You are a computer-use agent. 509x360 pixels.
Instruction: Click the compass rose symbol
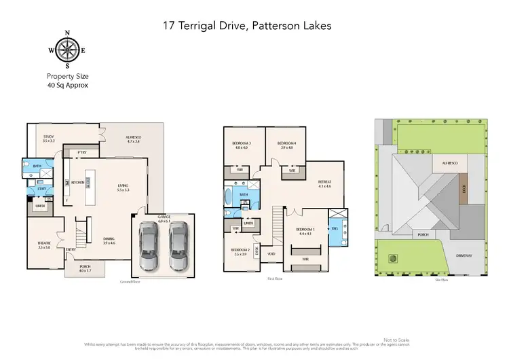pos(67,50)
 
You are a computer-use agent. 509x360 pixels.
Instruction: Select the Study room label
pos(48,138)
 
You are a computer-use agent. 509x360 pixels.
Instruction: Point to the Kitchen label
pos(77,182)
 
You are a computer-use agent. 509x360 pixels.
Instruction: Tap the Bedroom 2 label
pos(240,251)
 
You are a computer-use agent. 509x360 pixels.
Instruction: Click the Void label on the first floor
pos(271,254)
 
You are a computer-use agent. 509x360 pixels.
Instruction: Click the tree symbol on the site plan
pos(391,258)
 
